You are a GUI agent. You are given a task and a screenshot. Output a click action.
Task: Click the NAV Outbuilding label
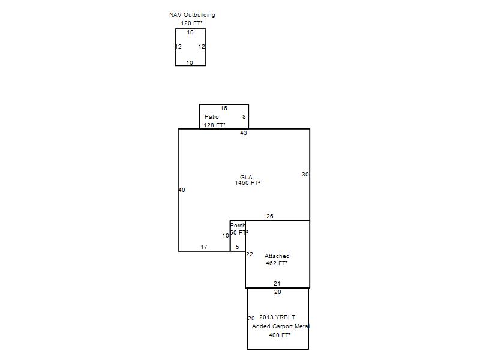[x=192, y=14]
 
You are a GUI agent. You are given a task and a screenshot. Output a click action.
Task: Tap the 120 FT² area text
[x=191, y=23]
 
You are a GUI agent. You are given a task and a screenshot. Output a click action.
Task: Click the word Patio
[x=212, y=116]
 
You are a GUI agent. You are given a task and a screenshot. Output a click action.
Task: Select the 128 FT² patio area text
[x=215, y=125]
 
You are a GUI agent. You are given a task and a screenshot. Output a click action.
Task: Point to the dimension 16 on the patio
[x=224, y=109]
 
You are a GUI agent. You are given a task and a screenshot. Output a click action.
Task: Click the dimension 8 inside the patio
[x=244, y=116]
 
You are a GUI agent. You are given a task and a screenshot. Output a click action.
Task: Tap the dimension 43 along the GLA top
[x=244, y=133]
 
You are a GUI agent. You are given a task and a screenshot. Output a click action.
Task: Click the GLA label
[x=246, y=177]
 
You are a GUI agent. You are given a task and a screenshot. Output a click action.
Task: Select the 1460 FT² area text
[x=248, y=183]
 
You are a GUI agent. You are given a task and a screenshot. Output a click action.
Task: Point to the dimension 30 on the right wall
[x=305, y=174]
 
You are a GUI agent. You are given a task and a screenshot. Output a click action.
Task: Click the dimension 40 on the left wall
[x=182, y=190]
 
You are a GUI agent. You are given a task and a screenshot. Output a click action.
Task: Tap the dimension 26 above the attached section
[x=269, y=217]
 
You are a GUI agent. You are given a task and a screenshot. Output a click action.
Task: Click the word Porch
[x=238, y=226]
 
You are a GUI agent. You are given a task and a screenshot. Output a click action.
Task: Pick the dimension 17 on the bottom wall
[x=204, y=247]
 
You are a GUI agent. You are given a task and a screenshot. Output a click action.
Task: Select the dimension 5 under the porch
[x=238, y=247]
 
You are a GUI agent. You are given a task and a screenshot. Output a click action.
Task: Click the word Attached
[x=277, y=256]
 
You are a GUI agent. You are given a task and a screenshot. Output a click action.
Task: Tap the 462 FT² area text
[x=277, y=263]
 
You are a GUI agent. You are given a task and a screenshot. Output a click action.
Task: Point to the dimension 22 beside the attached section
[x=250, y=254]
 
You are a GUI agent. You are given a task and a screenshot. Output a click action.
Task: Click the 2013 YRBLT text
[x=277, y=317]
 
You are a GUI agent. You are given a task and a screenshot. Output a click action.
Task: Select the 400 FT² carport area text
[x=280, y=335]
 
